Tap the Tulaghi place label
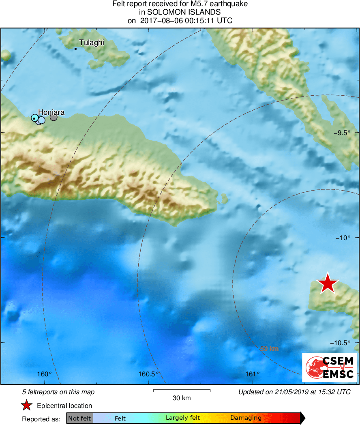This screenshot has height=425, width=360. [92, 43]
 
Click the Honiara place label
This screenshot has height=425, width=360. [51, 112]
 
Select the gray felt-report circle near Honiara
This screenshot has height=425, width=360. [54, 118]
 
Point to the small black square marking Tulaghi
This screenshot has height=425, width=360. [75, 49]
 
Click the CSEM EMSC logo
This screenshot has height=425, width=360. [329, 367]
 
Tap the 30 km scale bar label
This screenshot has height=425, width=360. [182, 398]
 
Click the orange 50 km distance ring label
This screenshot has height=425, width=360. [269, 348]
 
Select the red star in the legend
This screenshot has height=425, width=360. [27, 405]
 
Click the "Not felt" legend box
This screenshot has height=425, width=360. [79, 418]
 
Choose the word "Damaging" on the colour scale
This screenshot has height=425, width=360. [246, 418]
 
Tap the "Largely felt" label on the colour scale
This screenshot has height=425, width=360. [183, 418]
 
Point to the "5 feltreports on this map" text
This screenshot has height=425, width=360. [58, 392]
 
